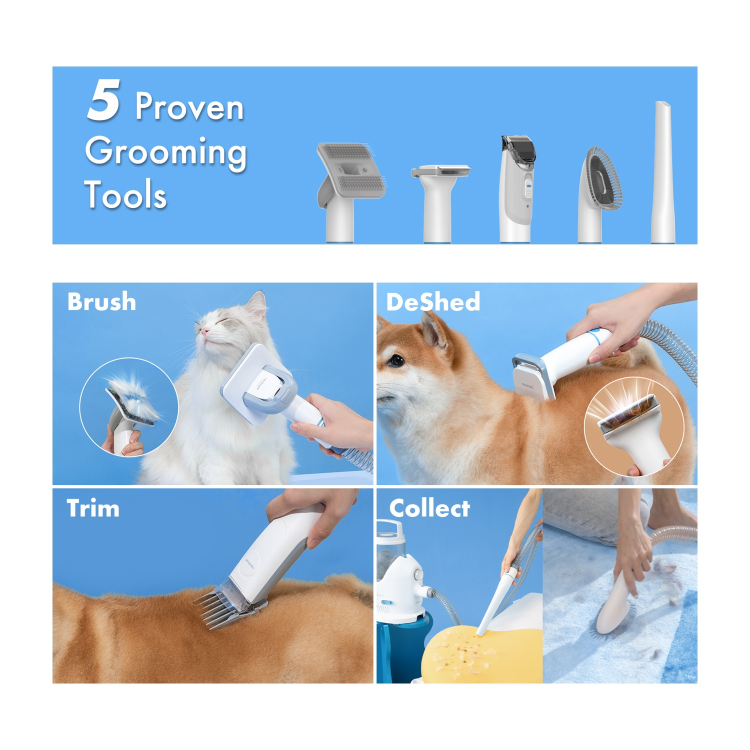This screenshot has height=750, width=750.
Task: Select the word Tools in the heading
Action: [125, 194]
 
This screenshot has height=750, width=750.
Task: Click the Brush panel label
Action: [101, 302]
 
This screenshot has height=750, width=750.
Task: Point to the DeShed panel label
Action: [433, 302]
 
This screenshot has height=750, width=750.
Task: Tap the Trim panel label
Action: [93, 508]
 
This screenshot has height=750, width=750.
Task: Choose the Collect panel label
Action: [429, 508]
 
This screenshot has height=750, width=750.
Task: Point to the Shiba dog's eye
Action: [397, 360]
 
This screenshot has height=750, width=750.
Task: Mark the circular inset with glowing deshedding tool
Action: [634, 426]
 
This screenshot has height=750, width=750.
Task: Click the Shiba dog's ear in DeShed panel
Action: [435, 332]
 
